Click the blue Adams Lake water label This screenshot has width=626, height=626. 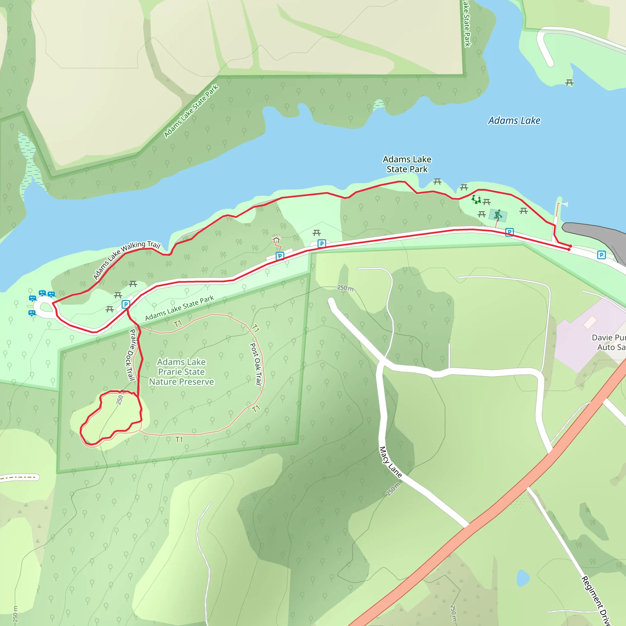[x=514, y=120]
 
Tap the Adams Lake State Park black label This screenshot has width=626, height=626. [x=407, y=164]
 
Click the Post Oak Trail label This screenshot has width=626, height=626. [x=256, y=364]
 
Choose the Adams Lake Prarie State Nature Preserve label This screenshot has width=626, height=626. [x=182, y=372]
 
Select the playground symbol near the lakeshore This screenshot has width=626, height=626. [x=476, y=199]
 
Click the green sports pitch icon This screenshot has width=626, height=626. [x=498, y=215]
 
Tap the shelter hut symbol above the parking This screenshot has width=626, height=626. [x=276, y=239]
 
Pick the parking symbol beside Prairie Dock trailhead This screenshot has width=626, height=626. [x=126, y=304]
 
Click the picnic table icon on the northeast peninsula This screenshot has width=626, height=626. [x=569, y=83]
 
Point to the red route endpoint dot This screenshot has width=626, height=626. [x=569, y=249]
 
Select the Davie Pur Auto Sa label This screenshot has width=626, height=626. [x=609, y=342]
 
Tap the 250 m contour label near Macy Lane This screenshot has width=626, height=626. [x=393, y=489]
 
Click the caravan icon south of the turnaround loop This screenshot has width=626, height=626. [x=32, y=313]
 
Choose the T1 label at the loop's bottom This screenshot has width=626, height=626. [x=179, y=440]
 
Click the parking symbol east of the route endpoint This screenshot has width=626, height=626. [x=601, y=255]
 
